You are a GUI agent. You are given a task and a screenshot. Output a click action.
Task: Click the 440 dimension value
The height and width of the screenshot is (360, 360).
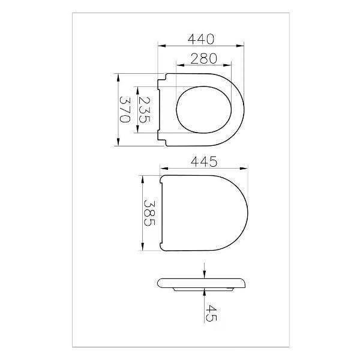[x=201, y=39]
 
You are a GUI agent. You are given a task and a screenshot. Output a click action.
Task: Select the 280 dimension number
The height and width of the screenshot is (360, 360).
[x=203, y=59]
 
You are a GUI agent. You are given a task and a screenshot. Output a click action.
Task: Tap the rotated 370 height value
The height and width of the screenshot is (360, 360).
[x=125, y=110]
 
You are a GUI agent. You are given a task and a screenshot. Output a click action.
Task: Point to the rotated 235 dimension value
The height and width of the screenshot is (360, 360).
[x=145, y=110]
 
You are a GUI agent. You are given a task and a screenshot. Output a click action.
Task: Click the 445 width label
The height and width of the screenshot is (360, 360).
[x=204, y=161]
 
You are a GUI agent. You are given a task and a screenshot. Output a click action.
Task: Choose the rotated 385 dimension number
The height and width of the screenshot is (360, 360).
[x=149, y=213]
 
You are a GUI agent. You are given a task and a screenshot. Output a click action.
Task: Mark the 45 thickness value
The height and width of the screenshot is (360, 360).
[x=211, y=313]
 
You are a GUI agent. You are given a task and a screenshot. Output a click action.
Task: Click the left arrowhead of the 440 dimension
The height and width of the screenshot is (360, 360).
[x=162, y=46]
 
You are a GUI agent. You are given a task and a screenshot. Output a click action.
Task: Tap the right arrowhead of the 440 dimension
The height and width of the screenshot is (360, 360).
[x=240, y=46]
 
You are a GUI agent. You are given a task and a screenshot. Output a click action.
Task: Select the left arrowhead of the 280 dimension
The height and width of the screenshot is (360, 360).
[x=180, y=65]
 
